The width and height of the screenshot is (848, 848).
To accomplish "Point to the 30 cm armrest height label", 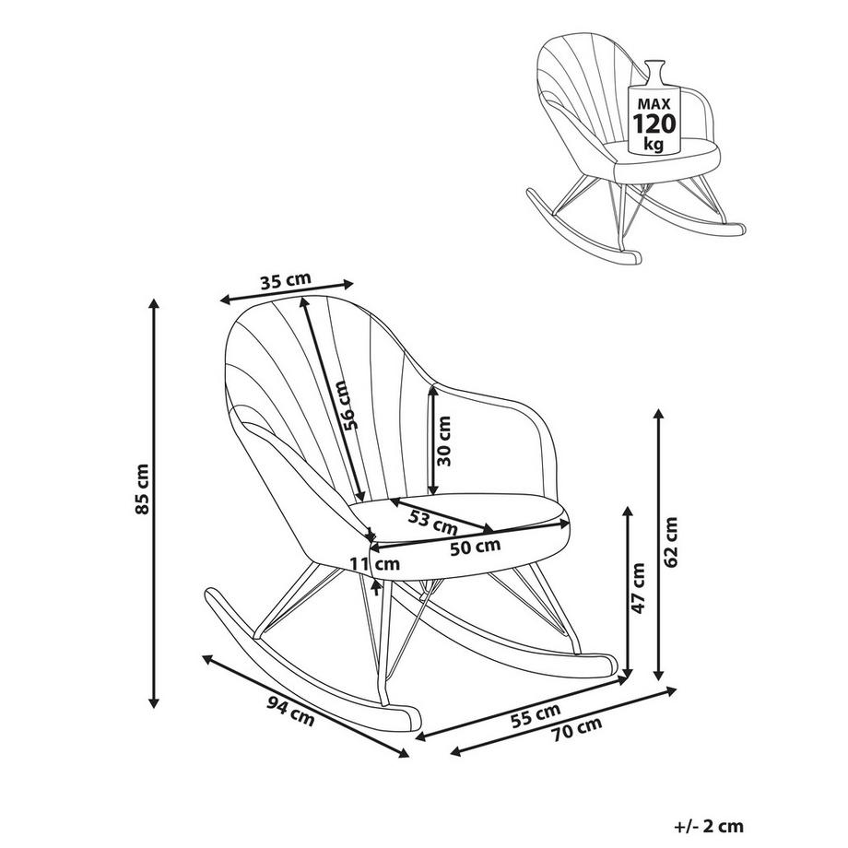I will [x=445, y=441].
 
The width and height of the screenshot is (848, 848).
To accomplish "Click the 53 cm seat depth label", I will [x=433, y=524].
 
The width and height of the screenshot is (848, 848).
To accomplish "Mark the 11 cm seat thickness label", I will [x=374, y=563].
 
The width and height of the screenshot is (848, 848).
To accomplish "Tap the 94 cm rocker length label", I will [x=291, y=713].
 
